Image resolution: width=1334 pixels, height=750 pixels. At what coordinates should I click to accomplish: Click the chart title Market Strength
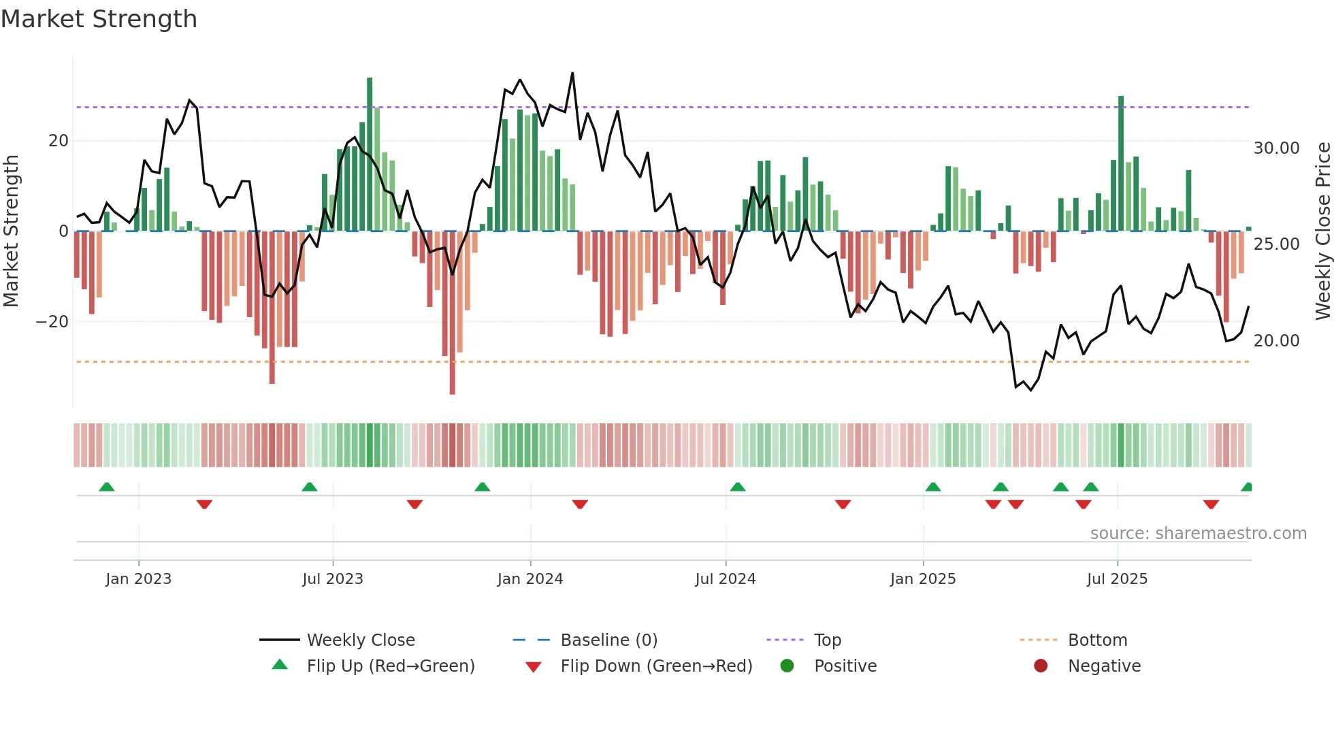coord(99,19)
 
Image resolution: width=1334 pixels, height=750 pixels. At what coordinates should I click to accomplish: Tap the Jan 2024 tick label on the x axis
coord(530,579)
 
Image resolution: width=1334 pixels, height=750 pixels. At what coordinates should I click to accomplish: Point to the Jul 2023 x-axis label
coord(333,579)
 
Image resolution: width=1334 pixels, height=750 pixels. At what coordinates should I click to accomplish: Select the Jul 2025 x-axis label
coord(1117,579)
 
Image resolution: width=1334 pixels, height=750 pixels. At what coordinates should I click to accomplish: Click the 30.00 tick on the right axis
coord(1276,148)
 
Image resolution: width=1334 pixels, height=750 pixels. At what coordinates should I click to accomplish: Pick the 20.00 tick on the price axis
coord(1276,341)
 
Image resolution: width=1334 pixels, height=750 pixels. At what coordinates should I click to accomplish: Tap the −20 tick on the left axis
coord(52,322)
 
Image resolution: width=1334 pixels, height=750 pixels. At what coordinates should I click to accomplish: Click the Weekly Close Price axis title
coord(1322,231)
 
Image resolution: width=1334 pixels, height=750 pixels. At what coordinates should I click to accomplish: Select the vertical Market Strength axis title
coord(11,231)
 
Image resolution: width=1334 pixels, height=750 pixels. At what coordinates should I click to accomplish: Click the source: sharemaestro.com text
coord(1198,534)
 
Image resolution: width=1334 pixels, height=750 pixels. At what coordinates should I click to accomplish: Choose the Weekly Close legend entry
coord(360,640)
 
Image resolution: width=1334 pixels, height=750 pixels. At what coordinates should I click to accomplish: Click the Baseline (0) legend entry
coord(608,640)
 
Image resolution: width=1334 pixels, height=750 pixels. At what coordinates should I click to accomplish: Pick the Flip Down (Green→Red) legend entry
coord(656,666)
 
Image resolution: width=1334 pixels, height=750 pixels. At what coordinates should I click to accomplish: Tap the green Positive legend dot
coord(787,666)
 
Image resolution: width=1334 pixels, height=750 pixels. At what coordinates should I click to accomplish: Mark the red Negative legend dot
coord(1041,666)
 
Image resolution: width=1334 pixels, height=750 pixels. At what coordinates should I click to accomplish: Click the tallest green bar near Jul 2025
coord(1121,163)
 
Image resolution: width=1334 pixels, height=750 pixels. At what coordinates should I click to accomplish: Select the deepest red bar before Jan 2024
coord(453,313)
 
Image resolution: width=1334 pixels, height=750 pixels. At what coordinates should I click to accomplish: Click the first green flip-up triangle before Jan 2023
coord(107,487)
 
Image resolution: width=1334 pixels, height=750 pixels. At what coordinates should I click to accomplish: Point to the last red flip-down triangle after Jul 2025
coord(1211,504)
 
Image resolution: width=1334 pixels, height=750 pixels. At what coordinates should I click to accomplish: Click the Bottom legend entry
coord(1097,640)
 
